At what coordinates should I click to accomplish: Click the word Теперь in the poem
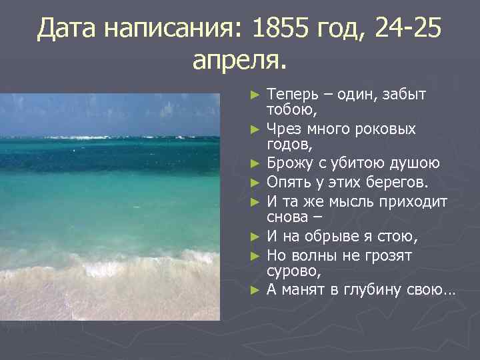pyautogui.click(x=291, y=95)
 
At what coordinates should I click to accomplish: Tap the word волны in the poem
pyautogui.click(x=313, y=255)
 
